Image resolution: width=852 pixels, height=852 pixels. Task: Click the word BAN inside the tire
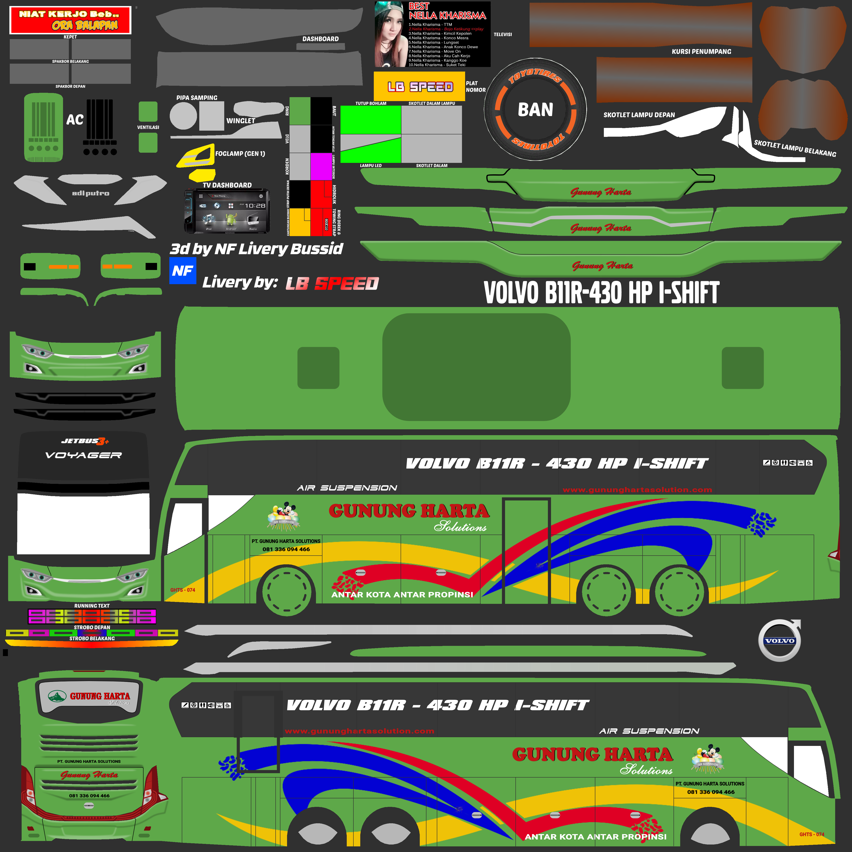tap(535, 109)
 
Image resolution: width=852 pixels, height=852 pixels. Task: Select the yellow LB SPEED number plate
tap(419, 87)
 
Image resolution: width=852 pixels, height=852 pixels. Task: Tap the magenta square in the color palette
tap(321, 166)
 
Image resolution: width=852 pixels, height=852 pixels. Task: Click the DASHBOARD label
tap(321, 39)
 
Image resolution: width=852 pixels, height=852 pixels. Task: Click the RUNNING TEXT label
tap(92, 606)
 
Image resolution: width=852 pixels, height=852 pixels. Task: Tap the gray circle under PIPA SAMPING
tap(183, 116)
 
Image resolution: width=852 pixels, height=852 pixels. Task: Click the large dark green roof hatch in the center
tap(476, 367)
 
